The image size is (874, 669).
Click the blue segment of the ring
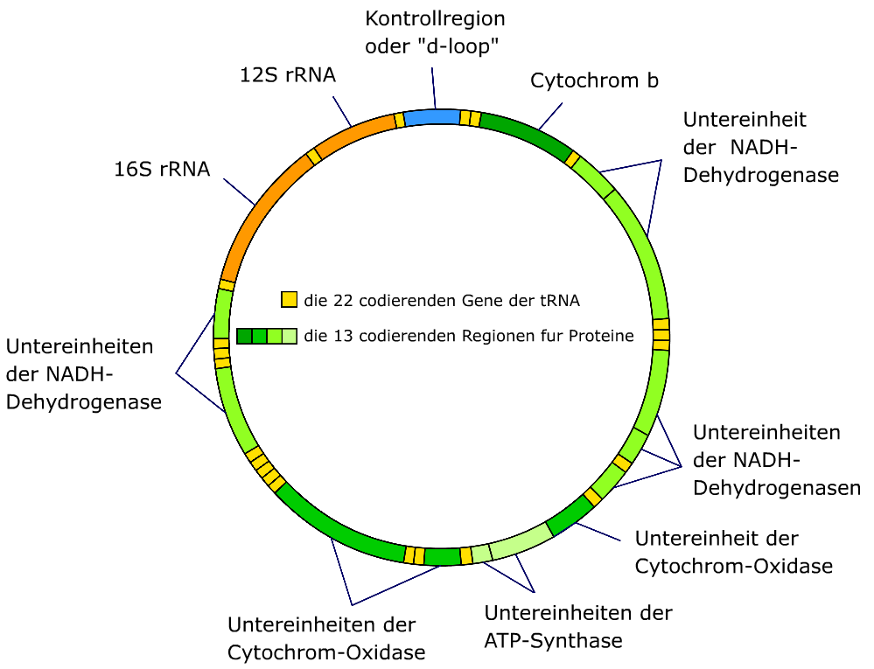coord(432,117)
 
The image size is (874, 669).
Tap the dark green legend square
coord(244,336)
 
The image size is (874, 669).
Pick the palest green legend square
coord(290,336)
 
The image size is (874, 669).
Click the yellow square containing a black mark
coord(336,294)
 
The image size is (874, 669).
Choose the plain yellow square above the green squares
coord(290,299)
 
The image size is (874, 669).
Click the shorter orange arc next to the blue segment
coord(355,132)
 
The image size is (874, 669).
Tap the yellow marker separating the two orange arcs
coord(314,157)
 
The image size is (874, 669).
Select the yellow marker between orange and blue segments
coord(399,120)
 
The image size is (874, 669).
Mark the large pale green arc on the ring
coord(521,540)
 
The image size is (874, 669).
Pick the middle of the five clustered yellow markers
coord(265,470)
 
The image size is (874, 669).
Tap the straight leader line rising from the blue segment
coord(433,88)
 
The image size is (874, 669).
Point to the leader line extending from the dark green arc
coord(551,115)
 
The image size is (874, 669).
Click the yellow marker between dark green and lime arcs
coord(572,159)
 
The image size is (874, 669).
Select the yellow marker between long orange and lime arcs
coord(227,285)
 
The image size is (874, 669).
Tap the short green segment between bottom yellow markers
coord(442,557)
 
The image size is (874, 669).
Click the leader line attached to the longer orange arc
coord(239,192)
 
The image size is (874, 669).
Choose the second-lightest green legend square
coord(275,336)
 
